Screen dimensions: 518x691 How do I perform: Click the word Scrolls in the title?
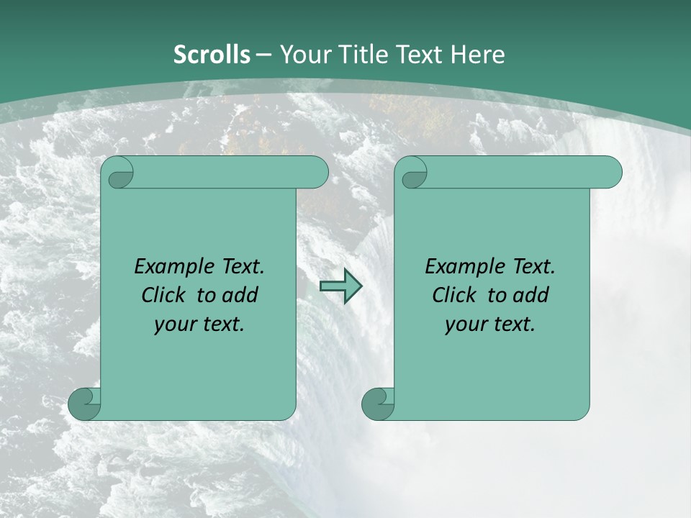(x=212, y=55)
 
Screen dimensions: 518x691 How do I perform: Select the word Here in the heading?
(x=478, y=55)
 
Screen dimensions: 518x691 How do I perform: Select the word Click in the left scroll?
(x=167, y=295)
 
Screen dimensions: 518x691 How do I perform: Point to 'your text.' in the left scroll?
(x=199, y=324)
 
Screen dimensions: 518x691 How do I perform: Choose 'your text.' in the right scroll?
(x=490, y=324)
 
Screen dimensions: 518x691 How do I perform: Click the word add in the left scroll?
(x=240, y=295)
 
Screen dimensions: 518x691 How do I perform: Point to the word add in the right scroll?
(x=531, y=295)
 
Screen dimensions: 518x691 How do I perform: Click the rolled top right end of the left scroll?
(x=317, y=173)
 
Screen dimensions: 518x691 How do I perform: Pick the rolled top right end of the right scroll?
(x=610, y=173)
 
